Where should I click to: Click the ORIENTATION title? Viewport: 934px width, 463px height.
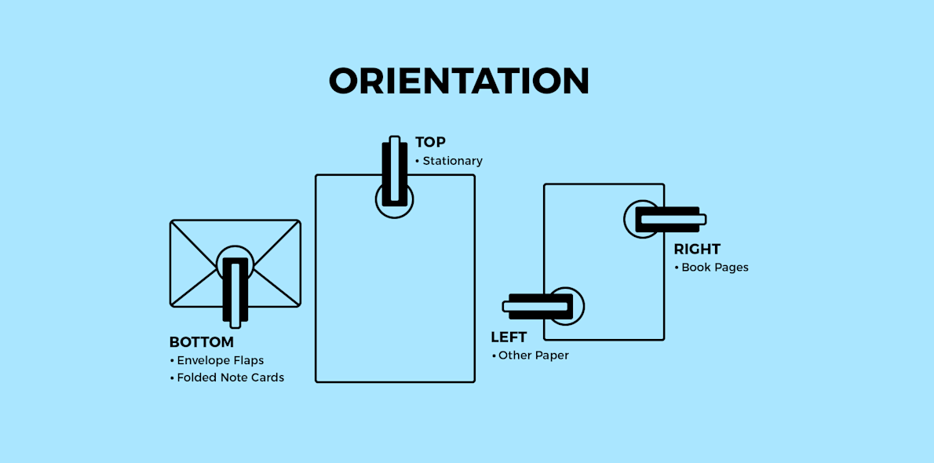pos(459,82)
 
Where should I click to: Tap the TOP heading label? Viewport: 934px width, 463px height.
pos(430,142)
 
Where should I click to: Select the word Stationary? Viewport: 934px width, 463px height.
pos(452,161)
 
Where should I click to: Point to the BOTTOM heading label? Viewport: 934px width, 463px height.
pos(202,342)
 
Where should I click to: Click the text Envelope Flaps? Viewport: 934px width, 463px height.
pos(220,361)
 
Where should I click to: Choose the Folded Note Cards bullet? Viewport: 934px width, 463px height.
pos(230,377)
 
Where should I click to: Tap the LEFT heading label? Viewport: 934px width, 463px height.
pos(509,337)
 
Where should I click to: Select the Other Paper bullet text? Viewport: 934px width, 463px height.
pos(533,355)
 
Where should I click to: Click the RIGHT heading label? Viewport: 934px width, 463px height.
pos(697,250)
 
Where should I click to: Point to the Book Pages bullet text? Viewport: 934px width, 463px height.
pos(714,268)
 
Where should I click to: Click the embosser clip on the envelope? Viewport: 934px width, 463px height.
pos(235,290)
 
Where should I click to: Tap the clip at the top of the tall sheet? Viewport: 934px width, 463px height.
pos(394,173)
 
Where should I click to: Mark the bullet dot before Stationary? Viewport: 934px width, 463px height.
pos(418,162)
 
